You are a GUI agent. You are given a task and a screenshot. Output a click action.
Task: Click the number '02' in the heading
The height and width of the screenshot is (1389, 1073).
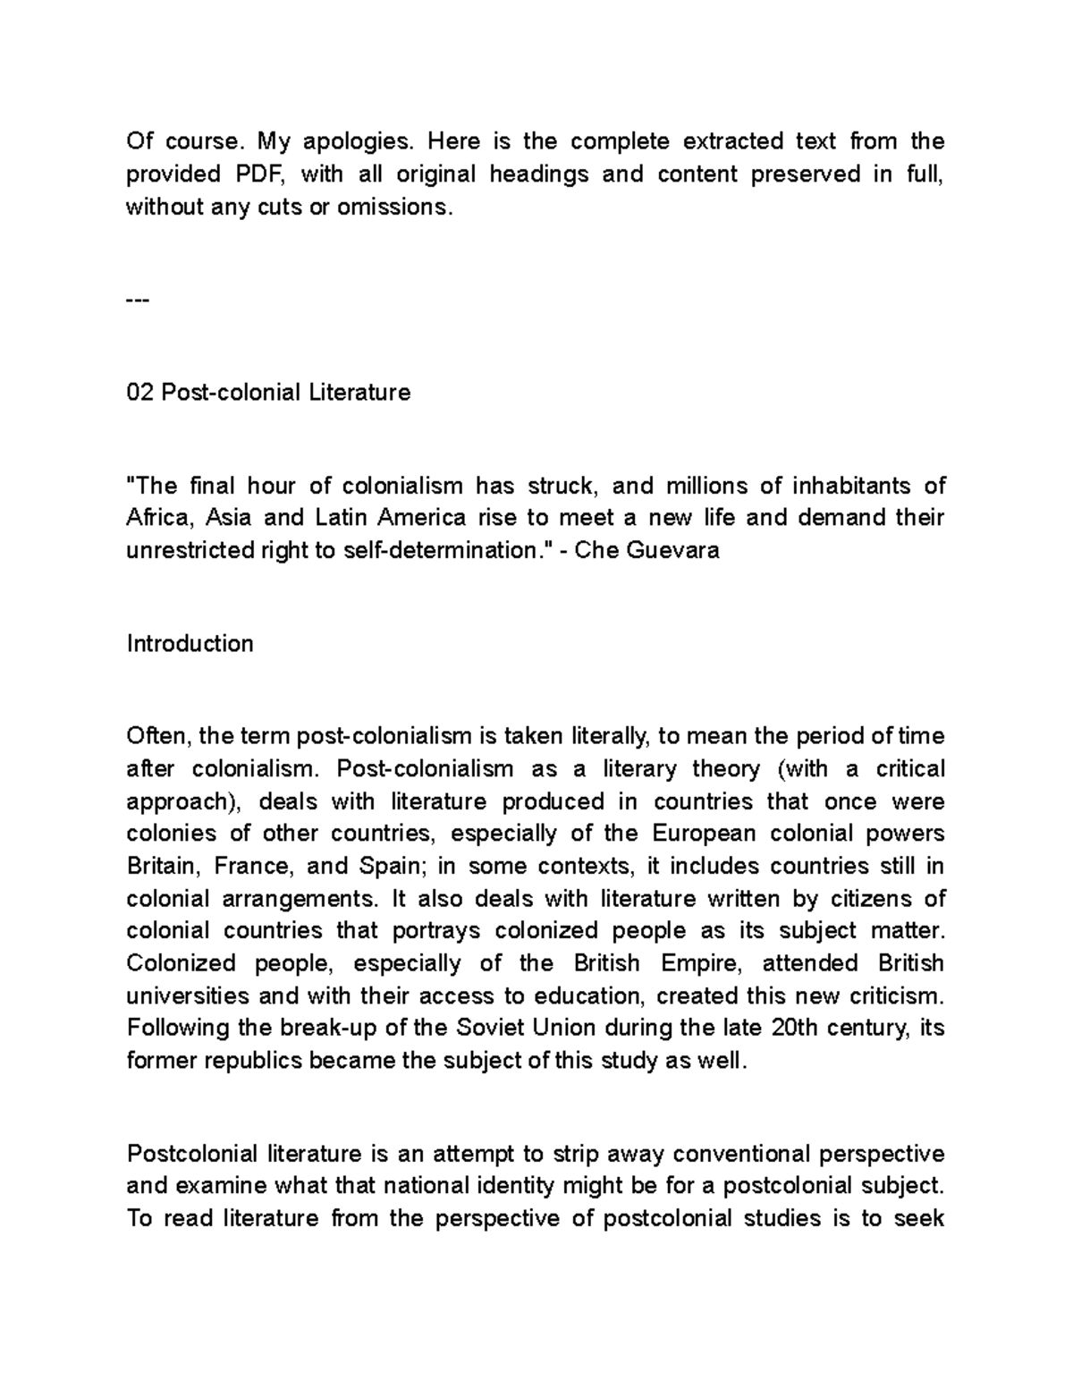click(x=140, y=393)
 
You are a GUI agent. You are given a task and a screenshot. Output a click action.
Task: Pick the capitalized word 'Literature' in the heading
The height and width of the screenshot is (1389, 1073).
click(x=359, y=393)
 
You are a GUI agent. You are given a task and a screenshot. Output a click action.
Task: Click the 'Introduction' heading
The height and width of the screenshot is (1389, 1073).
click(x=190, y=644)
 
